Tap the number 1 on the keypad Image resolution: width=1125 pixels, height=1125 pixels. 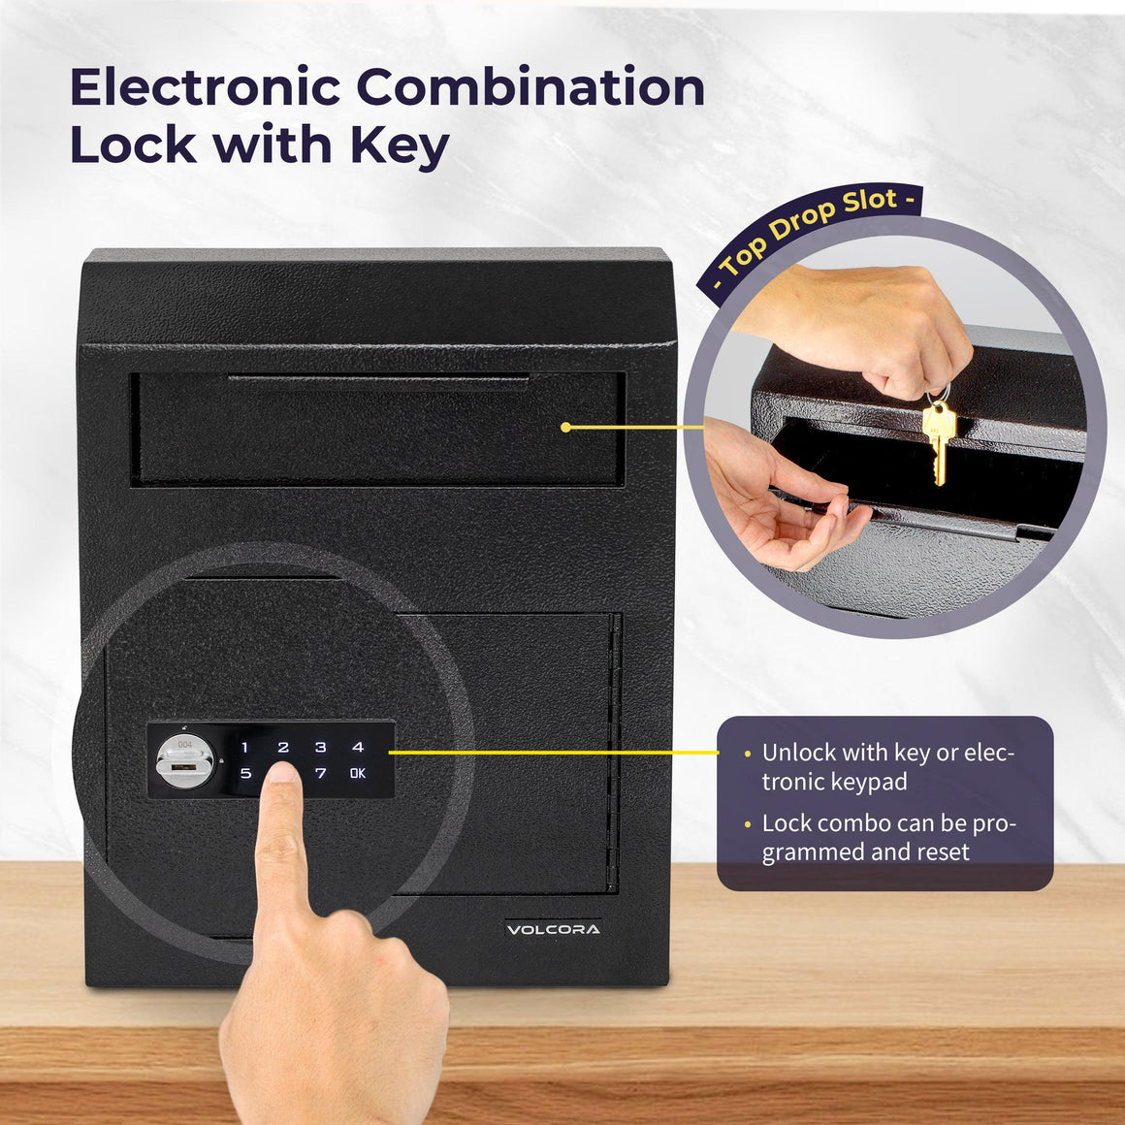click(x=245, y=748)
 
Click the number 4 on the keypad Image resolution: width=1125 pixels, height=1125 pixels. click(x=358, y=748)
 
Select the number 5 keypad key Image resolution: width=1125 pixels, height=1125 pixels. click(x=245, y=774)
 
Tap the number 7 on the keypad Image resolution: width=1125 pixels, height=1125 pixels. click(x=321, y=774)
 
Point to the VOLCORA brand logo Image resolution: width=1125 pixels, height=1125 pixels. click(x=553, y=929)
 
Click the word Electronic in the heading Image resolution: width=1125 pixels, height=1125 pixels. click(x=205, y=88)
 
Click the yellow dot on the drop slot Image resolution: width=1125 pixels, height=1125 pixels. click(x=565, y=427)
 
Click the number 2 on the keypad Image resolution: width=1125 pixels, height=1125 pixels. click(x=283, y=748)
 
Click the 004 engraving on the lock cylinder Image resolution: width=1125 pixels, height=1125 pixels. click(x=184, y=744)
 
